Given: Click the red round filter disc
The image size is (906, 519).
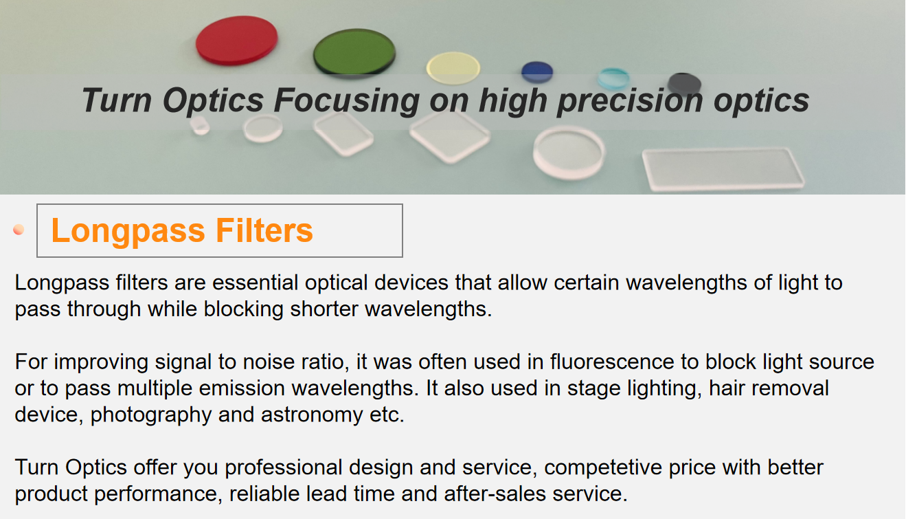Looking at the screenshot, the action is coord(236,41).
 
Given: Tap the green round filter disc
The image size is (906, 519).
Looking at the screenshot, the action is coord(354,52).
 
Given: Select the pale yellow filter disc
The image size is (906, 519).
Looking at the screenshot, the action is coord(453,67).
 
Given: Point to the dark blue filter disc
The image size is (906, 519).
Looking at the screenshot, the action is coord(537,72).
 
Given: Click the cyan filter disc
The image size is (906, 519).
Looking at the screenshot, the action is coord(613,78).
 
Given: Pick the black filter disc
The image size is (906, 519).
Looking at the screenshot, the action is coord(684,83).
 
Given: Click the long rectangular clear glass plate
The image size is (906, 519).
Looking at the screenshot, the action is coord(723,168).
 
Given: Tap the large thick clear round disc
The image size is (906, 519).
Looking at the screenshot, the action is coord(569,153).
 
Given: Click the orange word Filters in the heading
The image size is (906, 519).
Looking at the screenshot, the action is coord(264,230).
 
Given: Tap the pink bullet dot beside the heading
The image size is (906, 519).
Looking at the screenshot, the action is coord(19,230).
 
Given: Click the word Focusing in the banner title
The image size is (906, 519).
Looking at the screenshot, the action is coord(347,101).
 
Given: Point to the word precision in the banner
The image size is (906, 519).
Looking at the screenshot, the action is coord(630,101).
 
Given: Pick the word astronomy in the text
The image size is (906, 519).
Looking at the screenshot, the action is coord(311,415).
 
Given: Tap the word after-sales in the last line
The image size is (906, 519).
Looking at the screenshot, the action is coord(495,494).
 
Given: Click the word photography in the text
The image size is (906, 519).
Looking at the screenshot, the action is coord(151,415).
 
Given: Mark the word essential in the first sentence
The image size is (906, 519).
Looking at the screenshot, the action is coord(256,282).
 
